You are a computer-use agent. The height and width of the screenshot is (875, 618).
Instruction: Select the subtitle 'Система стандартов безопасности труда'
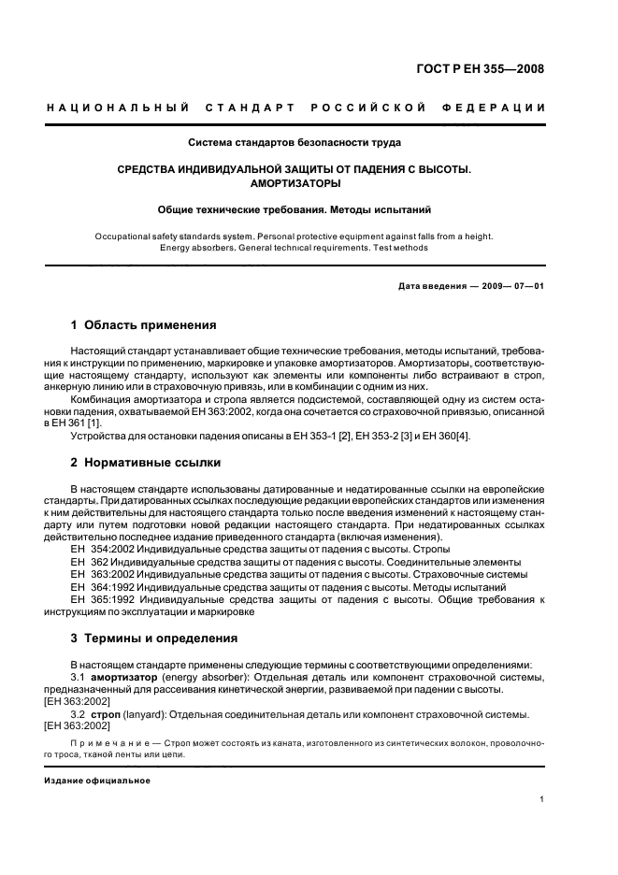click(295, 143)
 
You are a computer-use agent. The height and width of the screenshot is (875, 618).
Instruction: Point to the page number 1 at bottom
click(542, 800)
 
